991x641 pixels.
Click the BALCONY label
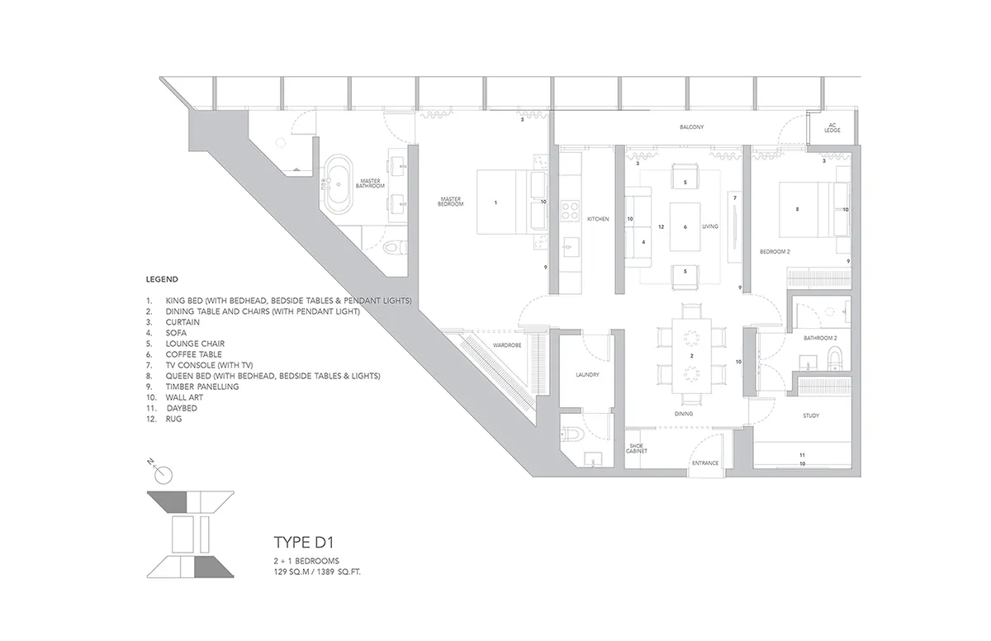(x=691, y=127)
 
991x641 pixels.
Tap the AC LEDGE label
(x=832, y=128)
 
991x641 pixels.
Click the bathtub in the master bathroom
(x=339, y=184)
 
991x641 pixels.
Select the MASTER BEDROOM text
(x=450, y=202)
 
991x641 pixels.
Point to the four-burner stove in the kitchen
(x=570, y=211)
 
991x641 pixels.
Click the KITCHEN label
(x=598, y=219)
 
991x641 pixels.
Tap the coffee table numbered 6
(x=685, y=227)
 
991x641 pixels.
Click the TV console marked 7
(x=735, y=227)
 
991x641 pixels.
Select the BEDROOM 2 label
(x=775, y=252)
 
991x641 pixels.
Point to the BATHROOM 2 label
(x=820, y=338)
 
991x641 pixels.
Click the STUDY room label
(x=811, y=415)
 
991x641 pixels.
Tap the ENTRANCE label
(x=705, y=463)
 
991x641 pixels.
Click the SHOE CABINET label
(x=636, y=449)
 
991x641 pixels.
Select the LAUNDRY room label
(x=587, y=375)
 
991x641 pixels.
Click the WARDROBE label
(x=507, y=345)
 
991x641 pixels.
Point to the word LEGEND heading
(x=162, y=279)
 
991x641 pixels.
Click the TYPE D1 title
(x=304, y=543)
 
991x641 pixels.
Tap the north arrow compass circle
(x=164, y=476)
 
